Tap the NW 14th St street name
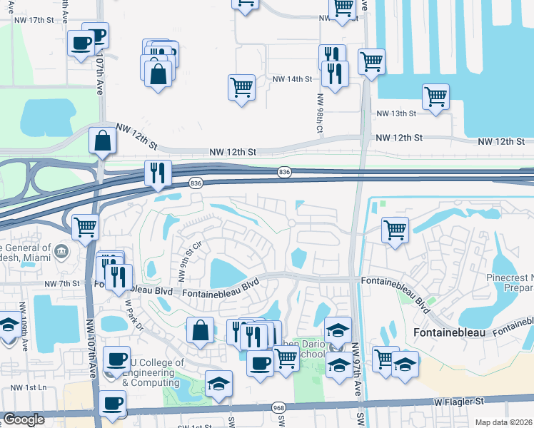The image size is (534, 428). coord(291,79)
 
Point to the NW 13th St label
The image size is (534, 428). coord(396,114)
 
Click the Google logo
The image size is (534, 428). coord(24,419)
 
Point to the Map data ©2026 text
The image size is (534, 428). coord(503,422)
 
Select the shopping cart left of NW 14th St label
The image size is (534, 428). coord(242,88)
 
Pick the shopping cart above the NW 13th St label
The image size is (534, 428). coord(435,96)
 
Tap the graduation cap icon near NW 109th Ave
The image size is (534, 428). coord(9,325)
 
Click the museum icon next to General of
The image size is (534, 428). coord(61,250)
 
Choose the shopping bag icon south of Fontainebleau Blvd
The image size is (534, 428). coord(201,330)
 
